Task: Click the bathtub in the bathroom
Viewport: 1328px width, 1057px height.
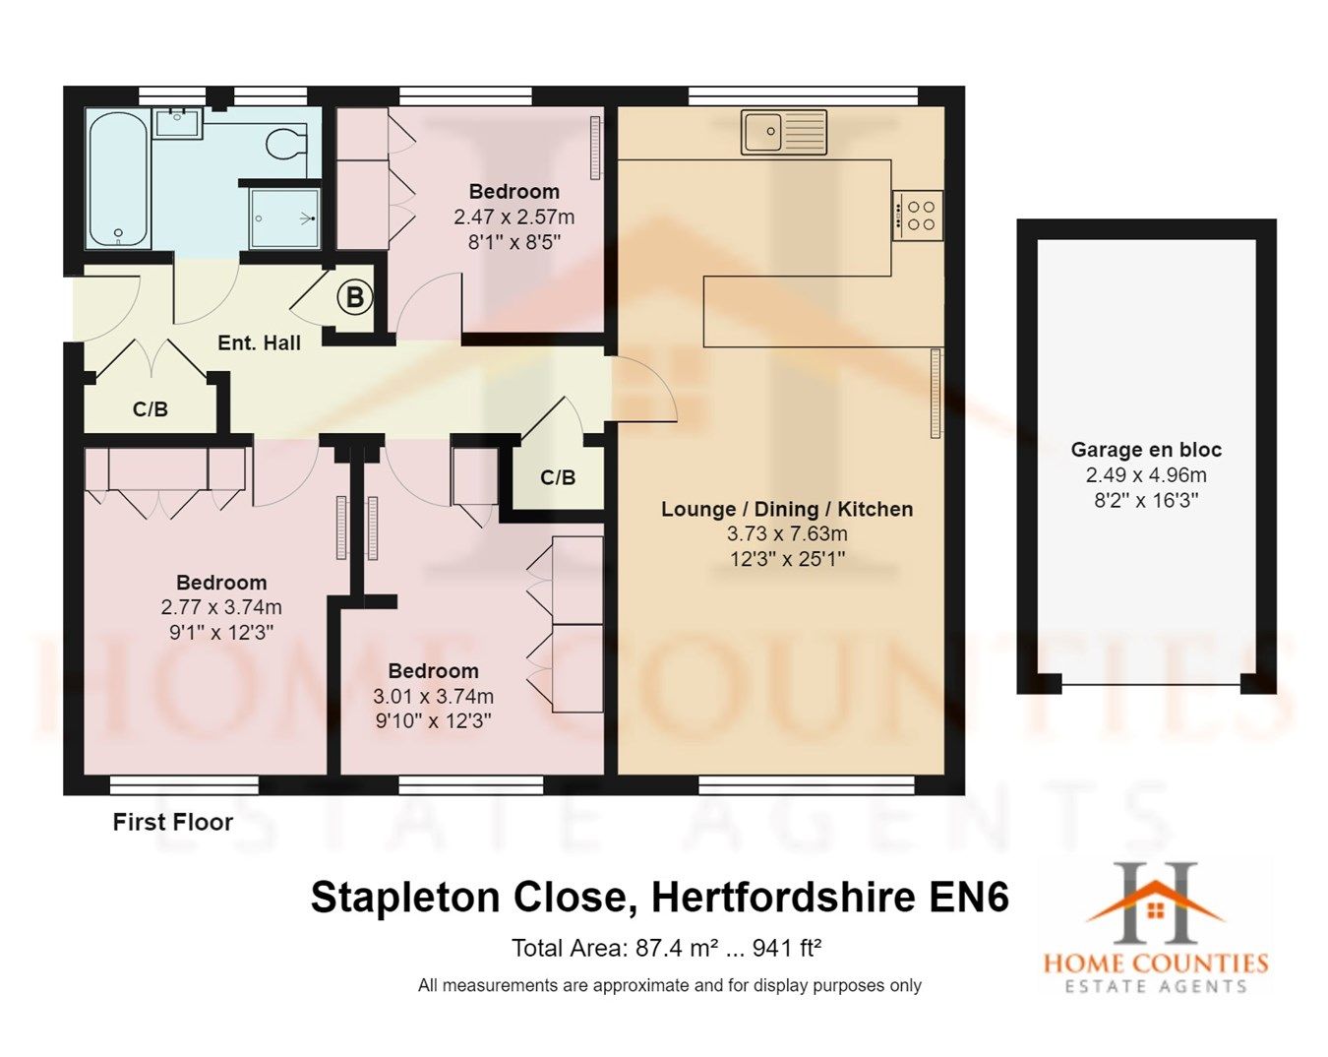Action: click(x=118, y=179)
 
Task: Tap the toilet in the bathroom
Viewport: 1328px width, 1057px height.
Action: click(x=286, y=143)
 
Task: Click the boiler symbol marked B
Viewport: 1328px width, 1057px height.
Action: click(x=354, y=296)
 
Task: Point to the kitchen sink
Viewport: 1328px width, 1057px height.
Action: click(x=784, y=132)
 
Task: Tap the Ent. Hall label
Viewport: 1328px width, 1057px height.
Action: click(x=259, y=342)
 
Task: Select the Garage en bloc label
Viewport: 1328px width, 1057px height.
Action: click(x=1146, y=450)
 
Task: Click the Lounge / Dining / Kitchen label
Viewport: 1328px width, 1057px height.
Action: click(x=786, y=509)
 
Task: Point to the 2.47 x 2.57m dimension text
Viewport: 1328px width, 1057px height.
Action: click(x=513, y=217)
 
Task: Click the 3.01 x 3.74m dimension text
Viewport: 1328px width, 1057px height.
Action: click(x=433, y=696)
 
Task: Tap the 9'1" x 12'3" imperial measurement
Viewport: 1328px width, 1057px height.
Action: click(x=220, y=632)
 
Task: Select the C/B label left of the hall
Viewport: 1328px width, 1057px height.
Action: click(x=150, y=409)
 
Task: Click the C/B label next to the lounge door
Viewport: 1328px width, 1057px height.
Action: click(x=558, y=477)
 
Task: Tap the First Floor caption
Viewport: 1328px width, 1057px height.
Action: click(x=172, y=822)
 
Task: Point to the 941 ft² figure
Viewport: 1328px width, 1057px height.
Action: click(x=786, y=948)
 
